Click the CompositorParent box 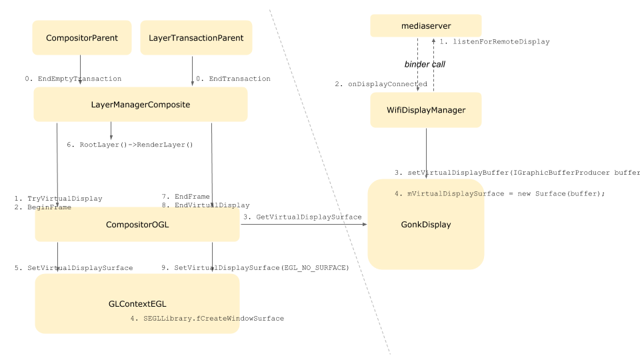pos(82,37)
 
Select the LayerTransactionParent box pos(196,37)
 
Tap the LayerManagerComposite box pos(141,105)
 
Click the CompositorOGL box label pos(137,225)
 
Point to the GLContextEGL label pos(137,304)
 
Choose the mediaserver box pos(426,26)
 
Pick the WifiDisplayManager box pos(426,110)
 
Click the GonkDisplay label pos(426,225)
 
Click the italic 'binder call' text pos(425,64)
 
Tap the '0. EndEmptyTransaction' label pos(73,79)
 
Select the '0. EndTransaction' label pos(233,79)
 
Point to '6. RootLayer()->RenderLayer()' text pos(130,145)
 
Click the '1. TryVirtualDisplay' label pos(58,199)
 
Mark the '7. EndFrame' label pos(186,196)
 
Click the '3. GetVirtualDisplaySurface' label pos(303,217)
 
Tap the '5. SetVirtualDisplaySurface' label pos(74,268)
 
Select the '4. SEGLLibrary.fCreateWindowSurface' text pos(207,319)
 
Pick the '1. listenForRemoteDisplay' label pos(495,41)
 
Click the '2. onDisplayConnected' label pos(381,84)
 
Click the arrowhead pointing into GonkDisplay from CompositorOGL pos(365,224)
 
